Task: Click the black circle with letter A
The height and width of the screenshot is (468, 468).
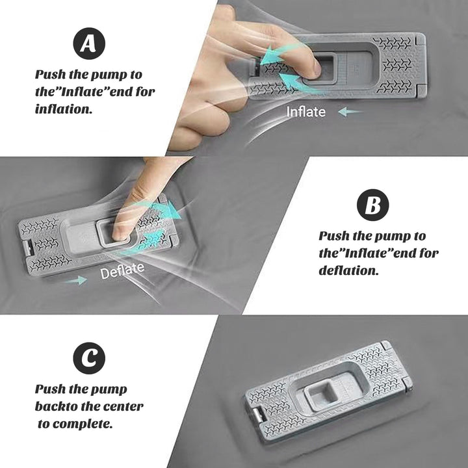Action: point(89,44)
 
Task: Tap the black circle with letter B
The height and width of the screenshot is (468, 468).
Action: point(373,205)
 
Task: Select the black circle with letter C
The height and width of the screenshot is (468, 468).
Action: point(89,358)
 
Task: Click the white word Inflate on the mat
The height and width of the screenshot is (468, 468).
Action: point(305,112)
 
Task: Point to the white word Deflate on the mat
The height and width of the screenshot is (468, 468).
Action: point(122,270)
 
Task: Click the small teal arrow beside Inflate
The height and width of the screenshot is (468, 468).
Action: point(350,112)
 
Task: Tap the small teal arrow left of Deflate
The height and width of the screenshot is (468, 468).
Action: point(76,280)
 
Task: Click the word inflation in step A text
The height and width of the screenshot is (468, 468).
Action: point(64,109)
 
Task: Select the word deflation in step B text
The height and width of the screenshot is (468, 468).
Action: point(348,270)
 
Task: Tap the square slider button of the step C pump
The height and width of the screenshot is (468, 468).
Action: point(322,393)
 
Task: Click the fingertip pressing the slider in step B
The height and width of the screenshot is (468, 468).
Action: point(122,233)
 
